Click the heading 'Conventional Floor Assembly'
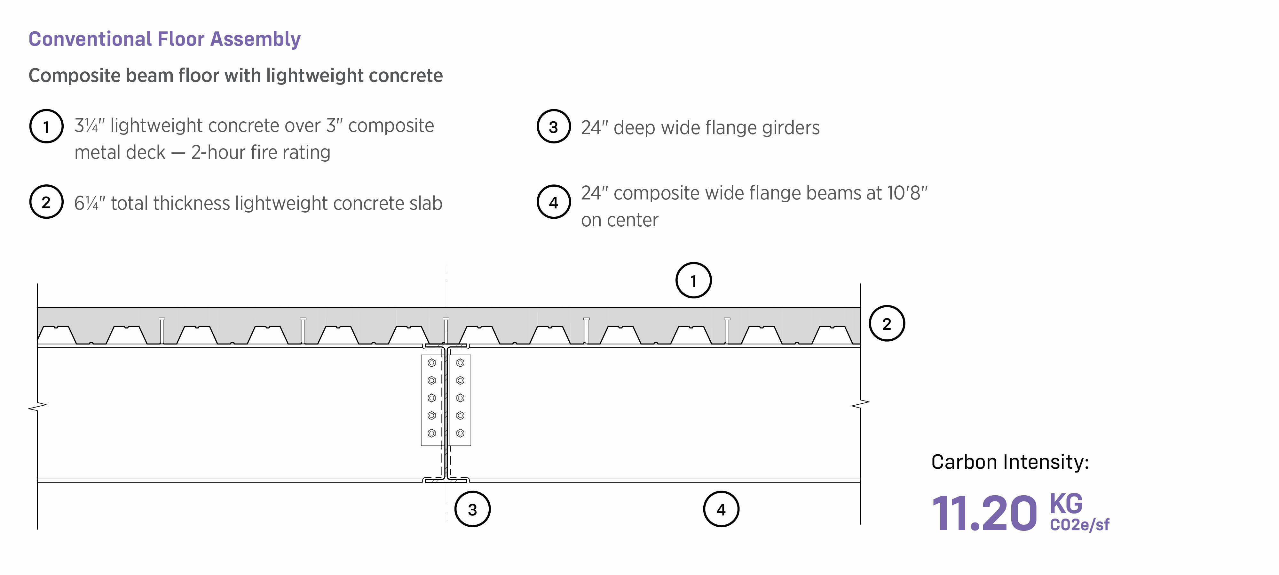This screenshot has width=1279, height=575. (164, 39)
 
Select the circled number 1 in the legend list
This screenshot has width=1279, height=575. (46, 127)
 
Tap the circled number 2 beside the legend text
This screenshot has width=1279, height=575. (46, 202)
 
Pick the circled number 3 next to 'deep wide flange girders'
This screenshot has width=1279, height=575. (553, 127)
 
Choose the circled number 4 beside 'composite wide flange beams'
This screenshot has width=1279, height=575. (553, 202)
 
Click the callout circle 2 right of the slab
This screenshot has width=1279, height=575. (887, 324)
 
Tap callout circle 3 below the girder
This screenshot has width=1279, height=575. (472, 509)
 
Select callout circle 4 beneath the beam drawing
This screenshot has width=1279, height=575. (721, 509)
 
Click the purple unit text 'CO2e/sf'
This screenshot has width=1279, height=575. (1079, 525)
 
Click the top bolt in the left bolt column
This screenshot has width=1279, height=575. (431, 363)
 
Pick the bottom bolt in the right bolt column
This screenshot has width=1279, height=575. (460, 433)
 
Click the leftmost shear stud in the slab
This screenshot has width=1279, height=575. (162, 330)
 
